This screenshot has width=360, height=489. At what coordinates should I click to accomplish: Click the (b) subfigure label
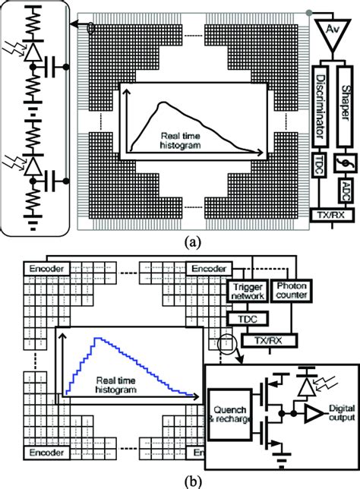pos(179,481)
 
